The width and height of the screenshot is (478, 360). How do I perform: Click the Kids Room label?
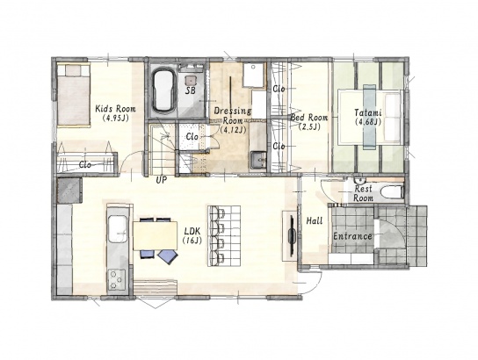(x=115, y=109)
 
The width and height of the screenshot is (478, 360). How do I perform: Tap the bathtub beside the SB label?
(x=163, y=90)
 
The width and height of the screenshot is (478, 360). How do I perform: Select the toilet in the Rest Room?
(x=393, y=192)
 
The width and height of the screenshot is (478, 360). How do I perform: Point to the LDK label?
(x=192, y=231)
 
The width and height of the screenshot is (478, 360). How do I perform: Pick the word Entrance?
(x=352, y=236)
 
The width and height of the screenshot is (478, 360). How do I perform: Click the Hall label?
(x=315, y=220)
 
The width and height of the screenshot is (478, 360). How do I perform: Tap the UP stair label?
(x=162, y=180)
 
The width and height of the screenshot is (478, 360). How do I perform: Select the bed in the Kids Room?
(x=74, y=95)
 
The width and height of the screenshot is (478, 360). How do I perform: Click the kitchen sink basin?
(x=118, y=228)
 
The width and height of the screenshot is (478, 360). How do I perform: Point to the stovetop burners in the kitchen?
(x=117, y=278)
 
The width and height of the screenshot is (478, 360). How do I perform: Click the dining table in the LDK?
(x=155, y=235)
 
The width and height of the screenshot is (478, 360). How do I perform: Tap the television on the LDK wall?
(x=292, y=235)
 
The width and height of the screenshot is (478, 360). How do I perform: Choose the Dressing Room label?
(x=233, y=115)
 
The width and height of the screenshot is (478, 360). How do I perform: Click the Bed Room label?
(x=309, y=118)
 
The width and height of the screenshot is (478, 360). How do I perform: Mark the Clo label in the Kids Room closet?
(x=84, y=165)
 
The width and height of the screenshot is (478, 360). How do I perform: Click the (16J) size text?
(x=192, y=241)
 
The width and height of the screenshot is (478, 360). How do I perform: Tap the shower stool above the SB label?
(x=191, y=80)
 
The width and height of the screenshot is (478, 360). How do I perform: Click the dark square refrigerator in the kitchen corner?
(x=69, y=191)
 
